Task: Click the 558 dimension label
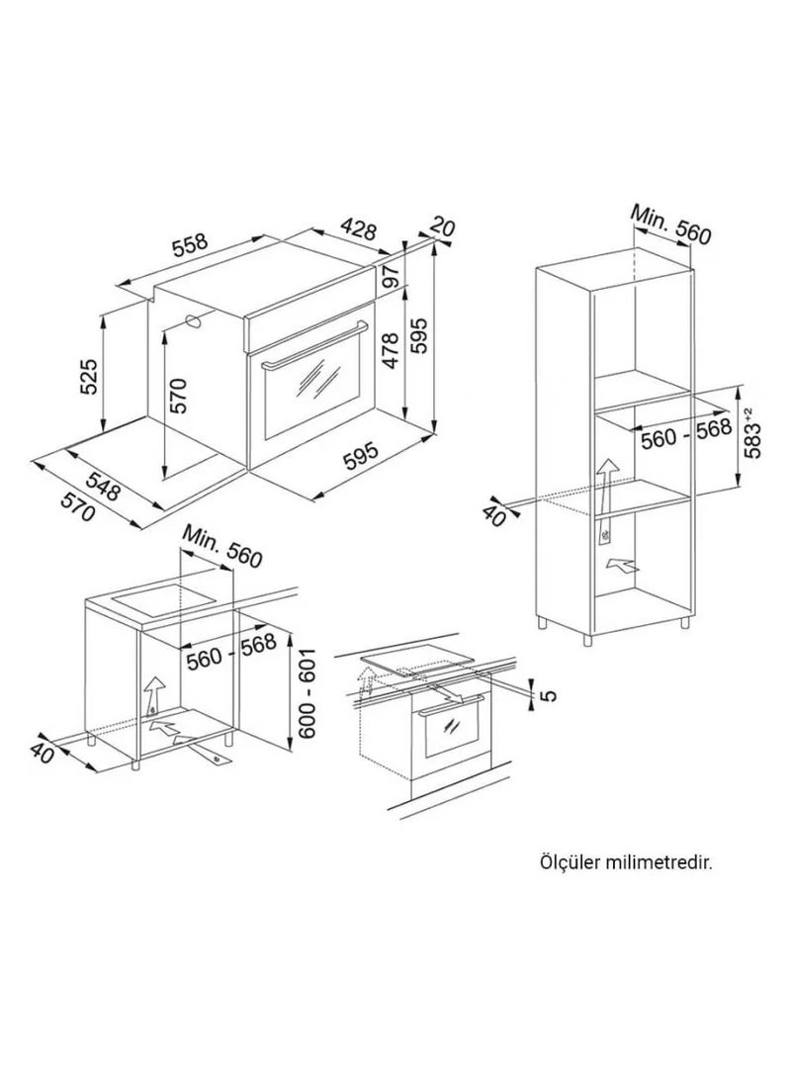[x=190, y=246]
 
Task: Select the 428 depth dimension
[x=359, y=228]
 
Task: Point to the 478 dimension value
[x=391, y=350]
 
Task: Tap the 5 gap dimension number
[x=549, y=696]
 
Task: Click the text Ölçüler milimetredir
[x=625, y=861]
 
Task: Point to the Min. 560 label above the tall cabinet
[x=670, y=224]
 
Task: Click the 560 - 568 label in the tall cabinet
[x=685, y=434]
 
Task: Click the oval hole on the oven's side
[x=194, y=321]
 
